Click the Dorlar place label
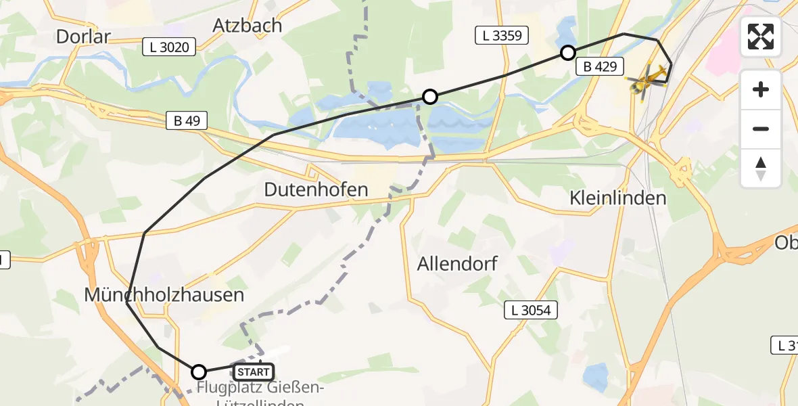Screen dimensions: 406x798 click(x=83, y=36)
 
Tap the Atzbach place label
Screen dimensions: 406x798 click(x=247, y=25)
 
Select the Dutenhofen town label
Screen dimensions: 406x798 click(x=316, y=189)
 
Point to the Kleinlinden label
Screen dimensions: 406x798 click(x=618, y=198)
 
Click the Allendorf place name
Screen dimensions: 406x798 click(x=457, y=263)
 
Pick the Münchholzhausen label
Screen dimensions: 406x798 click(x=164, y=295)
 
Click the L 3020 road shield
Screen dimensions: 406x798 click(x=170, y=47)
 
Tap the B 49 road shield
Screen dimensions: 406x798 click(x=187, y=121)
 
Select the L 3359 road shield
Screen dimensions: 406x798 click(x=502, y=36)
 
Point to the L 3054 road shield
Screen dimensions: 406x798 click(x=532, y=311)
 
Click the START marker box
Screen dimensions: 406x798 click(x=253, y=371)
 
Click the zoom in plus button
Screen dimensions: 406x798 click(x=761, y=89)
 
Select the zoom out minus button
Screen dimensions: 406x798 click(x=761, y=129)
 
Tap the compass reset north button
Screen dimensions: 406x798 click(x=761, y=168)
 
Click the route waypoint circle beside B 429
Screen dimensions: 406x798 click(x=568, y=53)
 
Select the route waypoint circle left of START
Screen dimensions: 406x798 click(x=199, y=371)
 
